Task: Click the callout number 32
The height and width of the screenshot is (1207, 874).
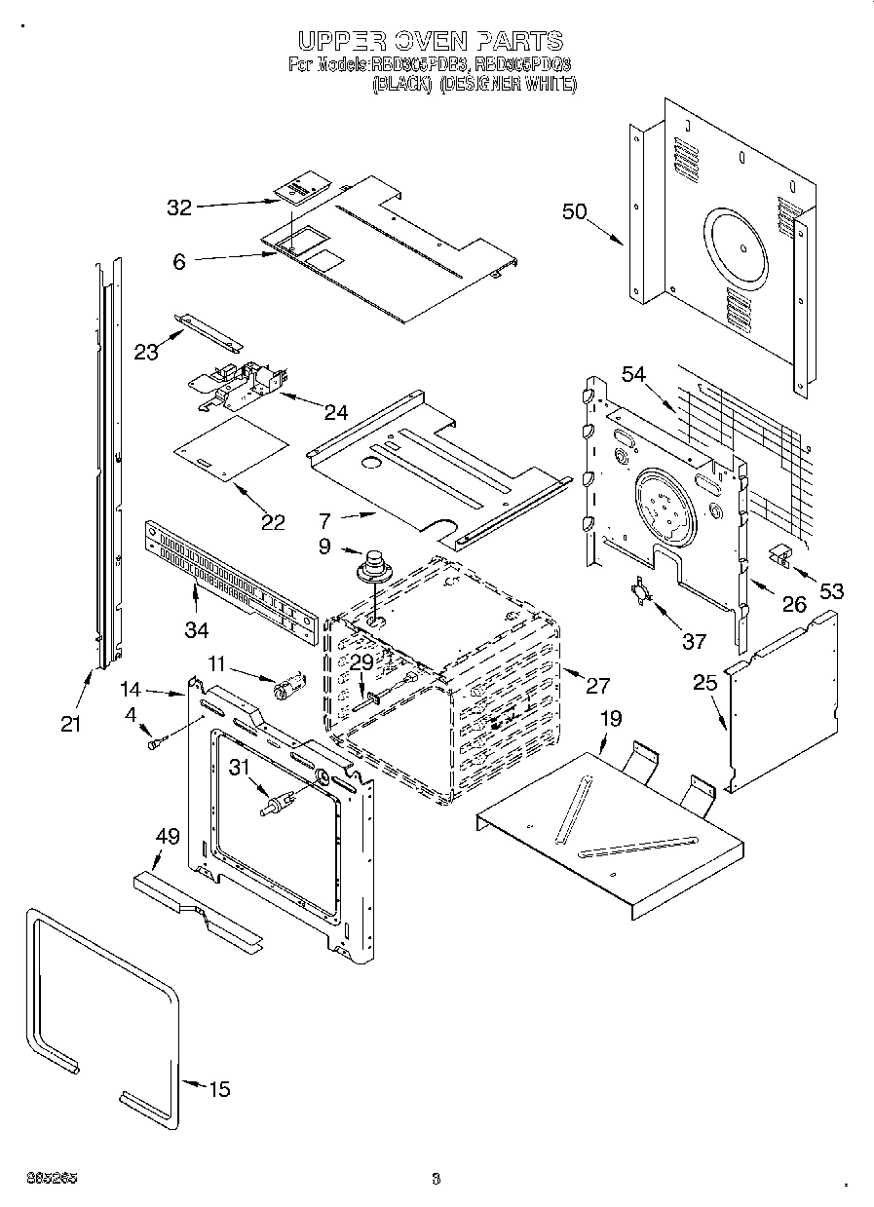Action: point(178,207)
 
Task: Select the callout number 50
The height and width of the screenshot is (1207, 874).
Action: point(575,210)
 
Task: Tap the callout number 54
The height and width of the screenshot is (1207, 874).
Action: point(634,374)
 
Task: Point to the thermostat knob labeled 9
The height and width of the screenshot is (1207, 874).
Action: point(371,564)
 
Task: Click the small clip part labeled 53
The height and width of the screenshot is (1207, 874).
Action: point(779,554)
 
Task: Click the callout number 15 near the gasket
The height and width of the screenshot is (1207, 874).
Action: point(220,1089)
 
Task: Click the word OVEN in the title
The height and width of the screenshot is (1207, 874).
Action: point(429,41)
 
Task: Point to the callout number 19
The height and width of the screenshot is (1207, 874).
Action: point(610,719)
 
